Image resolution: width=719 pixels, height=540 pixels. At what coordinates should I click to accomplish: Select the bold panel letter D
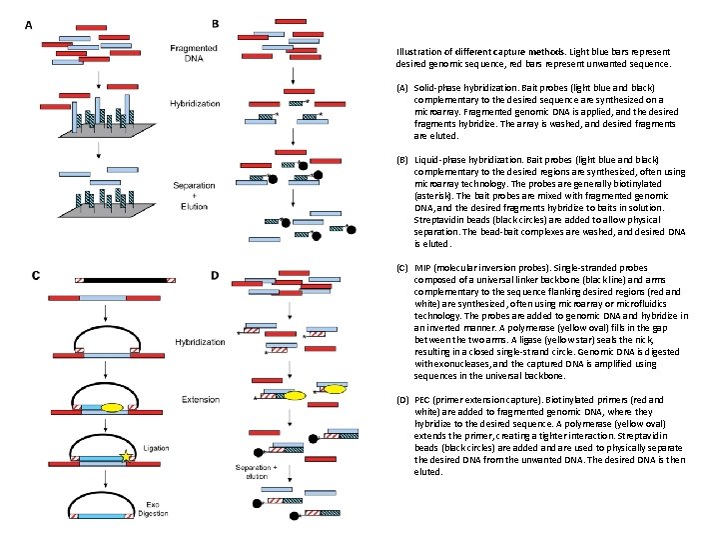216,276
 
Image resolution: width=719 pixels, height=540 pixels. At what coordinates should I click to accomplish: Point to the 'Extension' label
201,399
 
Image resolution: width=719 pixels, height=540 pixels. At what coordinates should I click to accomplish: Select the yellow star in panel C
127,457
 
